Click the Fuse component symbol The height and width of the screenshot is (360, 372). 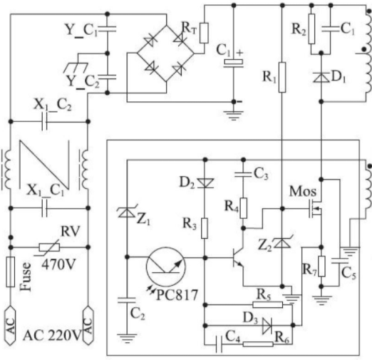tap(11, 272)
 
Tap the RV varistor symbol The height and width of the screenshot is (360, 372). tap(49, 247)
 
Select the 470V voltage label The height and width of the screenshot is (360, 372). tap(58, 264)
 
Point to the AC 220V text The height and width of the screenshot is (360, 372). tap(52, 335)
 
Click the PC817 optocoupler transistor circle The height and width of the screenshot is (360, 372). tap(165, 267)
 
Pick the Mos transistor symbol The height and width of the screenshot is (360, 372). tap(316, 209)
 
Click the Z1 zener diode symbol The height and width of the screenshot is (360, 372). tap(127, 212)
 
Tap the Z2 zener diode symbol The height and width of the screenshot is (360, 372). tap(282, 243)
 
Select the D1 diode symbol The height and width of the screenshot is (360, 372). tap(321, 77)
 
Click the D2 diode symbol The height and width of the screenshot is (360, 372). tap(205, 183)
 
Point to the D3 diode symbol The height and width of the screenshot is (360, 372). tap(267, 325)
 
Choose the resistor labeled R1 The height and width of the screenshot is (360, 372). tap(282, 77)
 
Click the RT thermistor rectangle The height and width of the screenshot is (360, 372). tap(204, 33)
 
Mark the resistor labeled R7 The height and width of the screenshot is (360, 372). tap(321, 266)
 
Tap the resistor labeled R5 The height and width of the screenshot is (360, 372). tap(267, 305)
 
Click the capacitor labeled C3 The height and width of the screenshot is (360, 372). tap(243, 175)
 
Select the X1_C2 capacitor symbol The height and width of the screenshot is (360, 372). tap(45, 122)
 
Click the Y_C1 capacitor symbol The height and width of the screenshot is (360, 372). tap(108, 29)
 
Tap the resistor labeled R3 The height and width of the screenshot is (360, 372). tap(205, 228)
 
